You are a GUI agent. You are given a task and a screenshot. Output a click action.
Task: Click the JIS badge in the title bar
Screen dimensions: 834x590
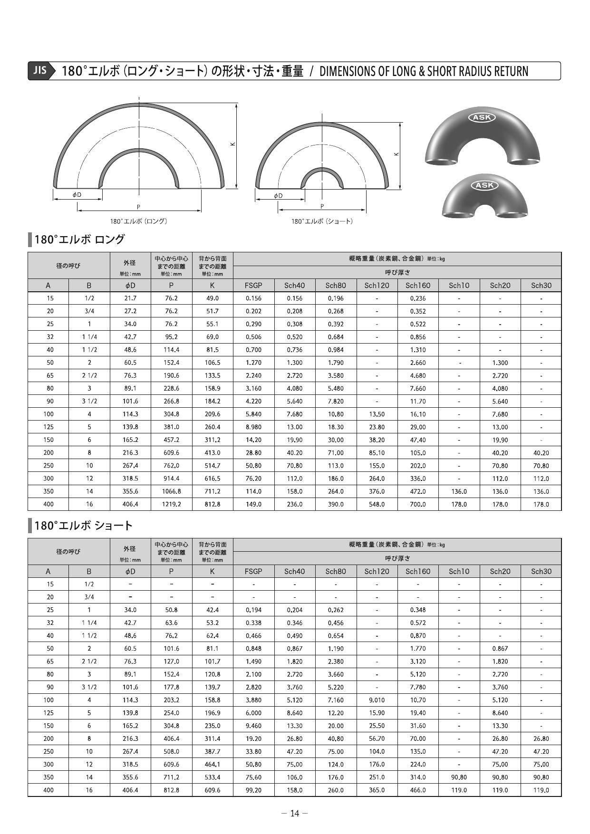pyautogui.click(x=40, y=70)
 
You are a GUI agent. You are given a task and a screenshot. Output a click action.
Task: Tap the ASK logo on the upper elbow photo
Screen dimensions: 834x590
pyautogui.click(x=482, y=117)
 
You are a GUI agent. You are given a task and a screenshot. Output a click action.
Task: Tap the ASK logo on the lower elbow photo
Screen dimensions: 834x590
pyautogui.click(x=484, y=185)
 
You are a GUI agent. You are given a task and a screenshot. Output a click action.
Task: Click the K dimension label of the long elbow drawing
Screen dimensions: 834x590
pyautogui.click(x=232, y=144)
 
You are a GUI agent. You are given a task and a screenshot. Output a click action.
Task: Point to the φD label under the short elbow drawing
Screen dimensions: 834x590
pyautogui.click(x=278, y=195)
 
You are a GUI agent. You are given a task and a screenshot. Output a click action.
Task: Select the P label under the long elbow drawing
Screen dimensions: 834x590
pyautogui.click(x=138, y=207)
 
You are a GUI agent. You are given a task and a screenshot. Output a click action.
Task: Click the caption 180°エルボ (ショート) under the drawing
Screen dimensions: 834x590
pyautogui.click(x=322, y=221)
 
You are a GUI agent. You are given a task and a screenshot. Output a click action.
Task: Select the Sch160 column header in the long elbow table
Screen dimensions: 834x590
pyautogui.click(x=417, y=285)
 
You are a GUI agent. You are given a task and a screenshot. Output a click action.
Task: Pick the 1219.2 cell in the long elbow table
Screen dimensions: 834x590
pyautogui.click(x=171, y=504)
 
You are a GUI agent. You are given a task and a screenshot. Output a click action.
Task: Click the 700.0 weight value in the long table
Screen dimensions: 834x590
pyautogui.click(x=417, y=504)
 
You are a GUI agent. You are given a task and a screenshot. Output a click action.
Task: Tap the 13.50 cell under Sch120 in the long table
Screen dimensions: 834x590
pyautogui.click(x=377, y=414)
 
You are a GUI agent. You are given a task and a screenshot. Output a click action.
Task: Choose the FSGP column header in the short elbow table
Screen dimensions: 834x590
pyautogui.click(x=253, y=571)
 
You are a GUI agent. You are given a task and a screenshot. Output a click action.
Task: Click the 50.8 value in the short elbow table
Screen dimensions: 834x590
pyautogui.click(x=171, y=610)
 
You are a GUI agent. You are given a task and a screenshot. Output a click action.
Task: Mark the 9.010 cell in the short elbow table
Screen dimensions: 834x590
pyautogui.click(x=377, y=700)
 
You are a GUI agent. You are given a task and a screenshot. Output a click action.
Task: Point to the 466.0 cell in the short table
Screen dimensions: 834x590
pyautogui.click(x=417, y=790)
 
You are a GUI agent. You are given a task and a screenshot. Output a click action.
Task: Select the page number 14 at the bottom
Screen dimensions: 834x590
pyautogui.click(x=295, y=813)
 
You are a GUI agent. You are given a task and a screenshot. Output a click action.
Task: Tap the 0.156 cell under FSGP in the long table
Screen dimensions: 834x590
pyautogui.click(x=253, y=298)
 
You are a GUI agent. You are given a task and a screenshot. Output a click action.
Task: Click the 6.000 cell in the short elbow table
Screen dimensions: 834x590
pyautogui.click(x=253, y=713)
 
